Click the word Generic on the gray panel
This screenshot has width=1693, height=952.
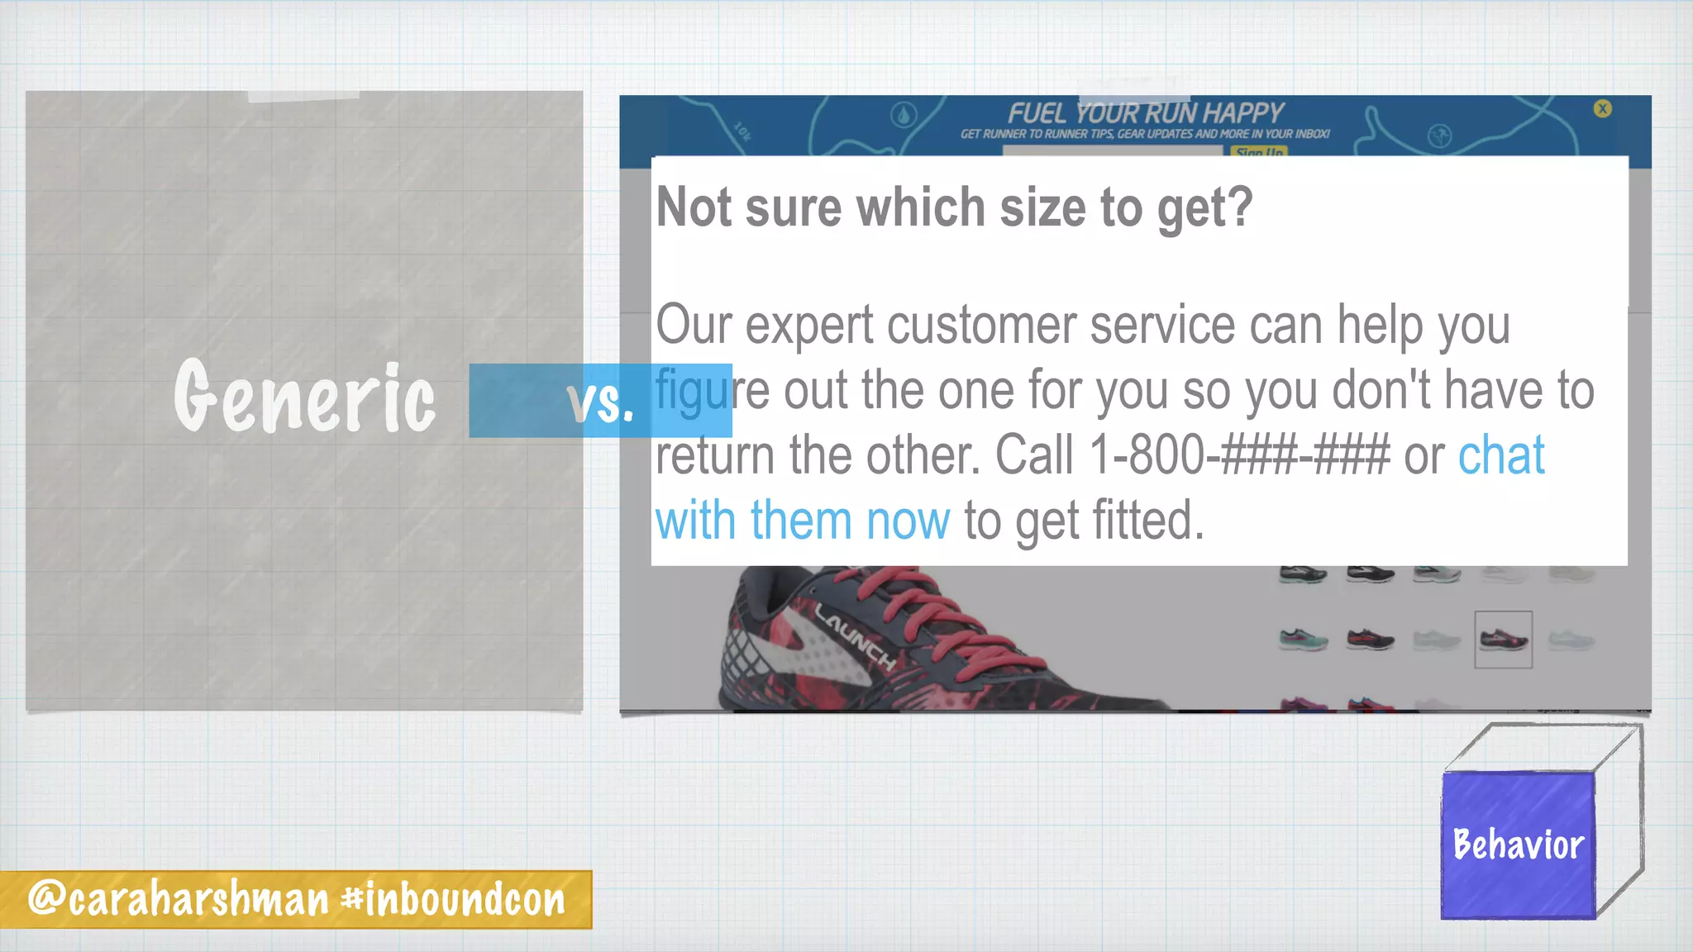[304, 397]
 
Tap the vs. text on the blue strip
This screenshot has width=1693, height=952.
[601, 402]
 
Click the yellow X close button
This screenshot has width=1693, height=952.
[1602, 108]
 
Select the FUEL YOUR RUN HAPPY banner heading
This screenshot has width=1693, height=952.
[1145, 113]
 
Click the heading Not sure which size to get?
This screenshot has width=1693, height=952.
[954, 207]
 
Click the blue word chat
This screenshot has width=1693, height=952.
[1501, 455]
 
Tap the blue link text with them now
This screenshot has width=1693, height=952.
[803, 521]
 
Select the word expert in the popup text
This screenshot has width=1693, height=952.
[808, 325]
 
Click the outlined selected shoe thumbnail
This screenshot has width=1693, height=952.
[1503, 640]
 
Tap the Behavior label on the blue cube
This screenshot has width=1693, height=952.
[1519, 845]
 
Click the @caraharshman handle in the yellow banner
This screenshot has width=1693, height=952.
[179, 899]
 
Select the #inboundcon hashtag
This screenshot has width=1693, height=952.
[454, 899]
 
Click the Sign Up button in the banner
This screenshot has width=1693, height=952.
[1259, 152]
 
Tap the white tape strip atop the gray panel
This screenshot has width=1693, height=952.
[303, 97]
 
